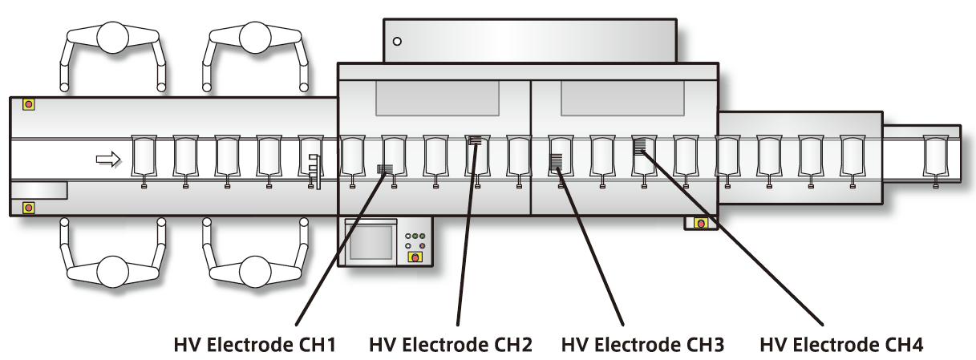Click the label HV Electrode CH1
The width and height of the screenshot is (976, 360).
pyautogui.click(x=254, y=346)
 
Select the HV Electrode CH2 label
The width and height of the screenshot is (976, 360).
pyautogui.click(x=451, y=346)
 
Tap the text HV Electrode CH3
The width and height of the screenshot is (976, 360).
pyautogui.click(x=643, y=346)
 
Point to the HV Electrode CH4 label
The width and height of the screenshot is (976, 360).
pyautogui.click(x=842, y=346)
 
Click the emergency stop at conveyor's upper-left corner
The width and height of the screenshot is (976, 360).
pyautogui.click(x=29, y=104)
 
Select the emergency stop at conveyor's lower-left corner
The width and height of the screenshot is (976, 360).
pyautogui.click(x=29, y=208)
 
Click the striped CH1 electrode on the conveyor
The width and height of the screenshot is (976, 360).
pyautogui.click(x=385, y=169)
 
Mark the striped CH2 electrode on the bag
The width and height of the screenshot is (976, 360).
pyautogui.click(x=476, y=140)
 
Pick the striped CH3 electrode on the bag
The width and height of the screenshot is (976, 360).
pyautogui.click(x=556, y=161)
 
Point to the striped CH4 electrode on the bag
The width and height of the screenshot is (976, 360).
pyautogui.click(x=639, y=145)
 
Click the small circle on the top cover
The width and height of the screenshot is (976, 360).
pyautogui.click(x=396, y=41)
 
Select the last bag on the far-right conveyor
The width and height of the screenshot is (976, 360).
pyautogui.click(x=935, y=156)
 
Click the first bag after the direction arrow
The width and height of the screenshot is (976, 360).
pyautogui.click(x=144, y=156)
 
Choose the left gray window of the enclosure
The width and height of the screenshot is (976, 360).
pyautogui.click(x=437, y=99)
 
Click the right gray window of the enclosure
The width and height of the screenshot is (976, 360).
pyautogui.click(x=622, y=99)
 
